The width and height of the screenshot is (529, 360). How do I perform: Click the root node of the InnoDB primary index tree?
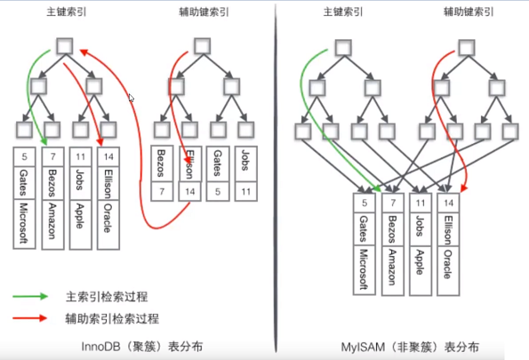(x=67, y=45)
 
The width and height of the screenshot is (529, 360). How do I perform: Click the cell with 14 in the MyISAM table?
(x=450, y=202)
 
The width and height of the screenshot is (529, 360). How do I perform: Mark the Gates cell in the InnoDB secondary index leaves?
(x=217, y=164)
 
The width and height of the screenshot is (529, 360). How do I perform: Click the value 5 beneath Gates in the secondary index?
(x=217, y=191)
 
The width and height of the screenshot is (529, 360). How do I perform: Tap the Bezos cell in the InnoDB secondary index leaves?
(x=160, y=164)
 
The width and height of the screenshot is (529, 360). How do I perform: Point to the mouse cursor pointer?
(x=132, y=98)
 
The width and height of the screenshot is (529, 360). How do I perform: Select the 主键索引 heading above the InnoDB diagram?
(x=67, y=12)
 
